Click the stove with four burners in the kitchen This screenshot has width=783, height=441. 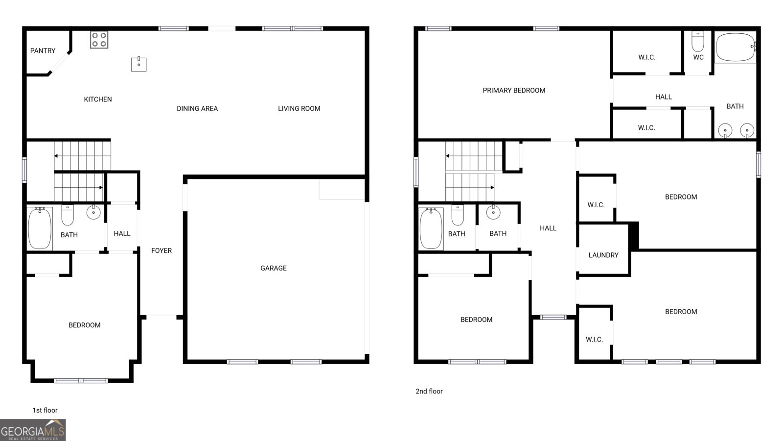pyautogui.click(x=99, y=40)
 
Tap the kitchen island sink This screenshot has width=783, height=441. pyautogui.click(x=138, y=64)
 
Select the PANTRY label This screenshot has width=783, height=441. pyautogui.click(x=43, y=50)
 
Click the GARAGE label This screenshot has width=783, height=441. pyautogui.click(x=274, y=268)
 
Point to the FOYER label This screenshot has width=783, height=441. pyautogui.click(x=161, y=250)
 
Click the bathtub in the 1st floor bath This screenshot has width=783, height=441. pyautogui.click(x=40, y=228)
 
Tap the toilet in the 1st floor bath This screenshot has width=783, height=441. pyautogui.click(x=68, y=215)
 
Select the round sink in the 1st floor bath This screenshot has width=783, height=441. pyautogui.click(x=93, y=212)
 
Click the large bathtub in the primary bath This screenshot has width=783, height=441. pyautogui.click(x=736, y=47)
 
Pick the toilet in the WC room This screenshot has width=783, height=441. pyautogui.click(x=698, y=42)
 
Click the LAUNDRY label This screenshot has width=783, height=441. pyautogui.click(x=603, y=255)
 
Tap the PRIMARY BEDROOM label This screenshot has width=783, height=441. pyautogui.click(x=514, y=90)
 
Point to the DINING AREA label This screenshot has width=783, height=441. pyautogui.click(x=197, y=108)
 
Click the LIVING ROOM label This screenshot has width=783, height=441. pyautogui.click(x=299, y=108)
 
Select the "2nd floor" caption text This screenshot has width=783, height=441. pyautogui.click(x=429, y=391)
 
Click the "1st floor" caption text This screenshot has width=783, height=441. pyautogui.click(x=45, y=410)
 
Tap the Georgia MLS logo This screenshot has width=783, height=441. pyautogui.click(x=33, y=430)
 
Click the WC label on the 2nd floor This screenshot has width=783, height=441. pyautogui.click(x=698, y=57)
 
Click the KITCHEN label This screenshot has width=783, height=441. pyautogui.click(x=98, y=99)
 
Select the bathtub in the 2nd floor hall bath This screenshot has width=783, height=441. pyautogui.click(x=431, y=228)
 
